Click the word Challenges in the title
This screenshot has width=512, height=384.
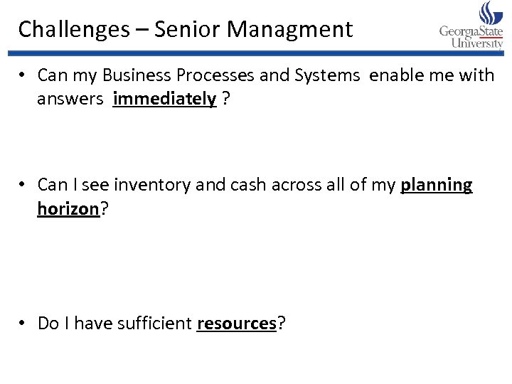coord(74,30)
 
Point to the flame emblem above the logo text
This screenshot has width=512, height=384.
coord(490,13)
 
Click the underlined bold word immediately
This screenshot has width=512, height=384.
coord(164,99)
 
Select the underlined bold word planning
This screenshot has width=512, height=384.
coord(437,185)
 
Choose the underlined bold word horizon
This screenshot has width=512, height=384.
coord(68,209)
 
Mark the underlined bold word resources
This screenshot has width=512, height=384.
coord(236,324)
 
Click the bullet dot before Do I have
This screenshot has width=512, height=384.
coord(23,324)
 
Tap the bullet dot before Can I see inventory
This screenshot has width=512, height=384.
coord(23,185)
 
